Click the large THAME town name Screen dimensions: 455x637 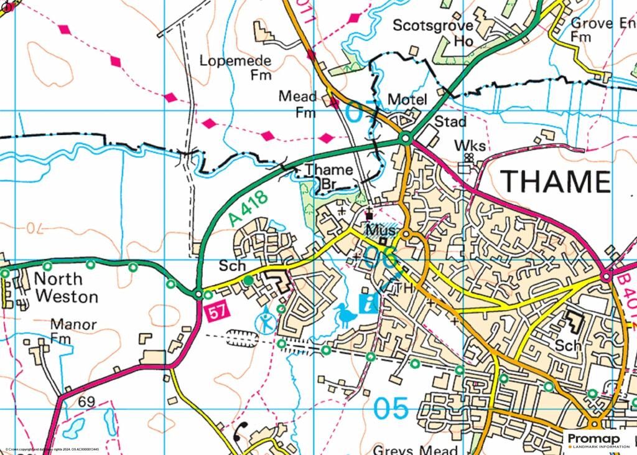555,181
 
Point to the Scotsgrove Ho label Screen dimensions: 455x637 433,33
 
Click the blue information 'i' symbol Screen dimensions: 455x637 370,304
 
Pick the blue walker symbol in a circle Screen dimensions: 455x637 266,322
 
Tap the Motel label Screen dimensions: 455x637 407,100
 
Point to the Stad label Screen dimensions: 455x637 450,121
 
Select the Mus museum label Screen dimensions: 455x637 378,229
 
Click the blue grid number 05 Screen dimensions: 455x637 391,409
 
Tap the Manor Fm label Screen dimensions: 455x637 73,331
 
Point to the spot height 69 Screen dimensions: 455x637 86,401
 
